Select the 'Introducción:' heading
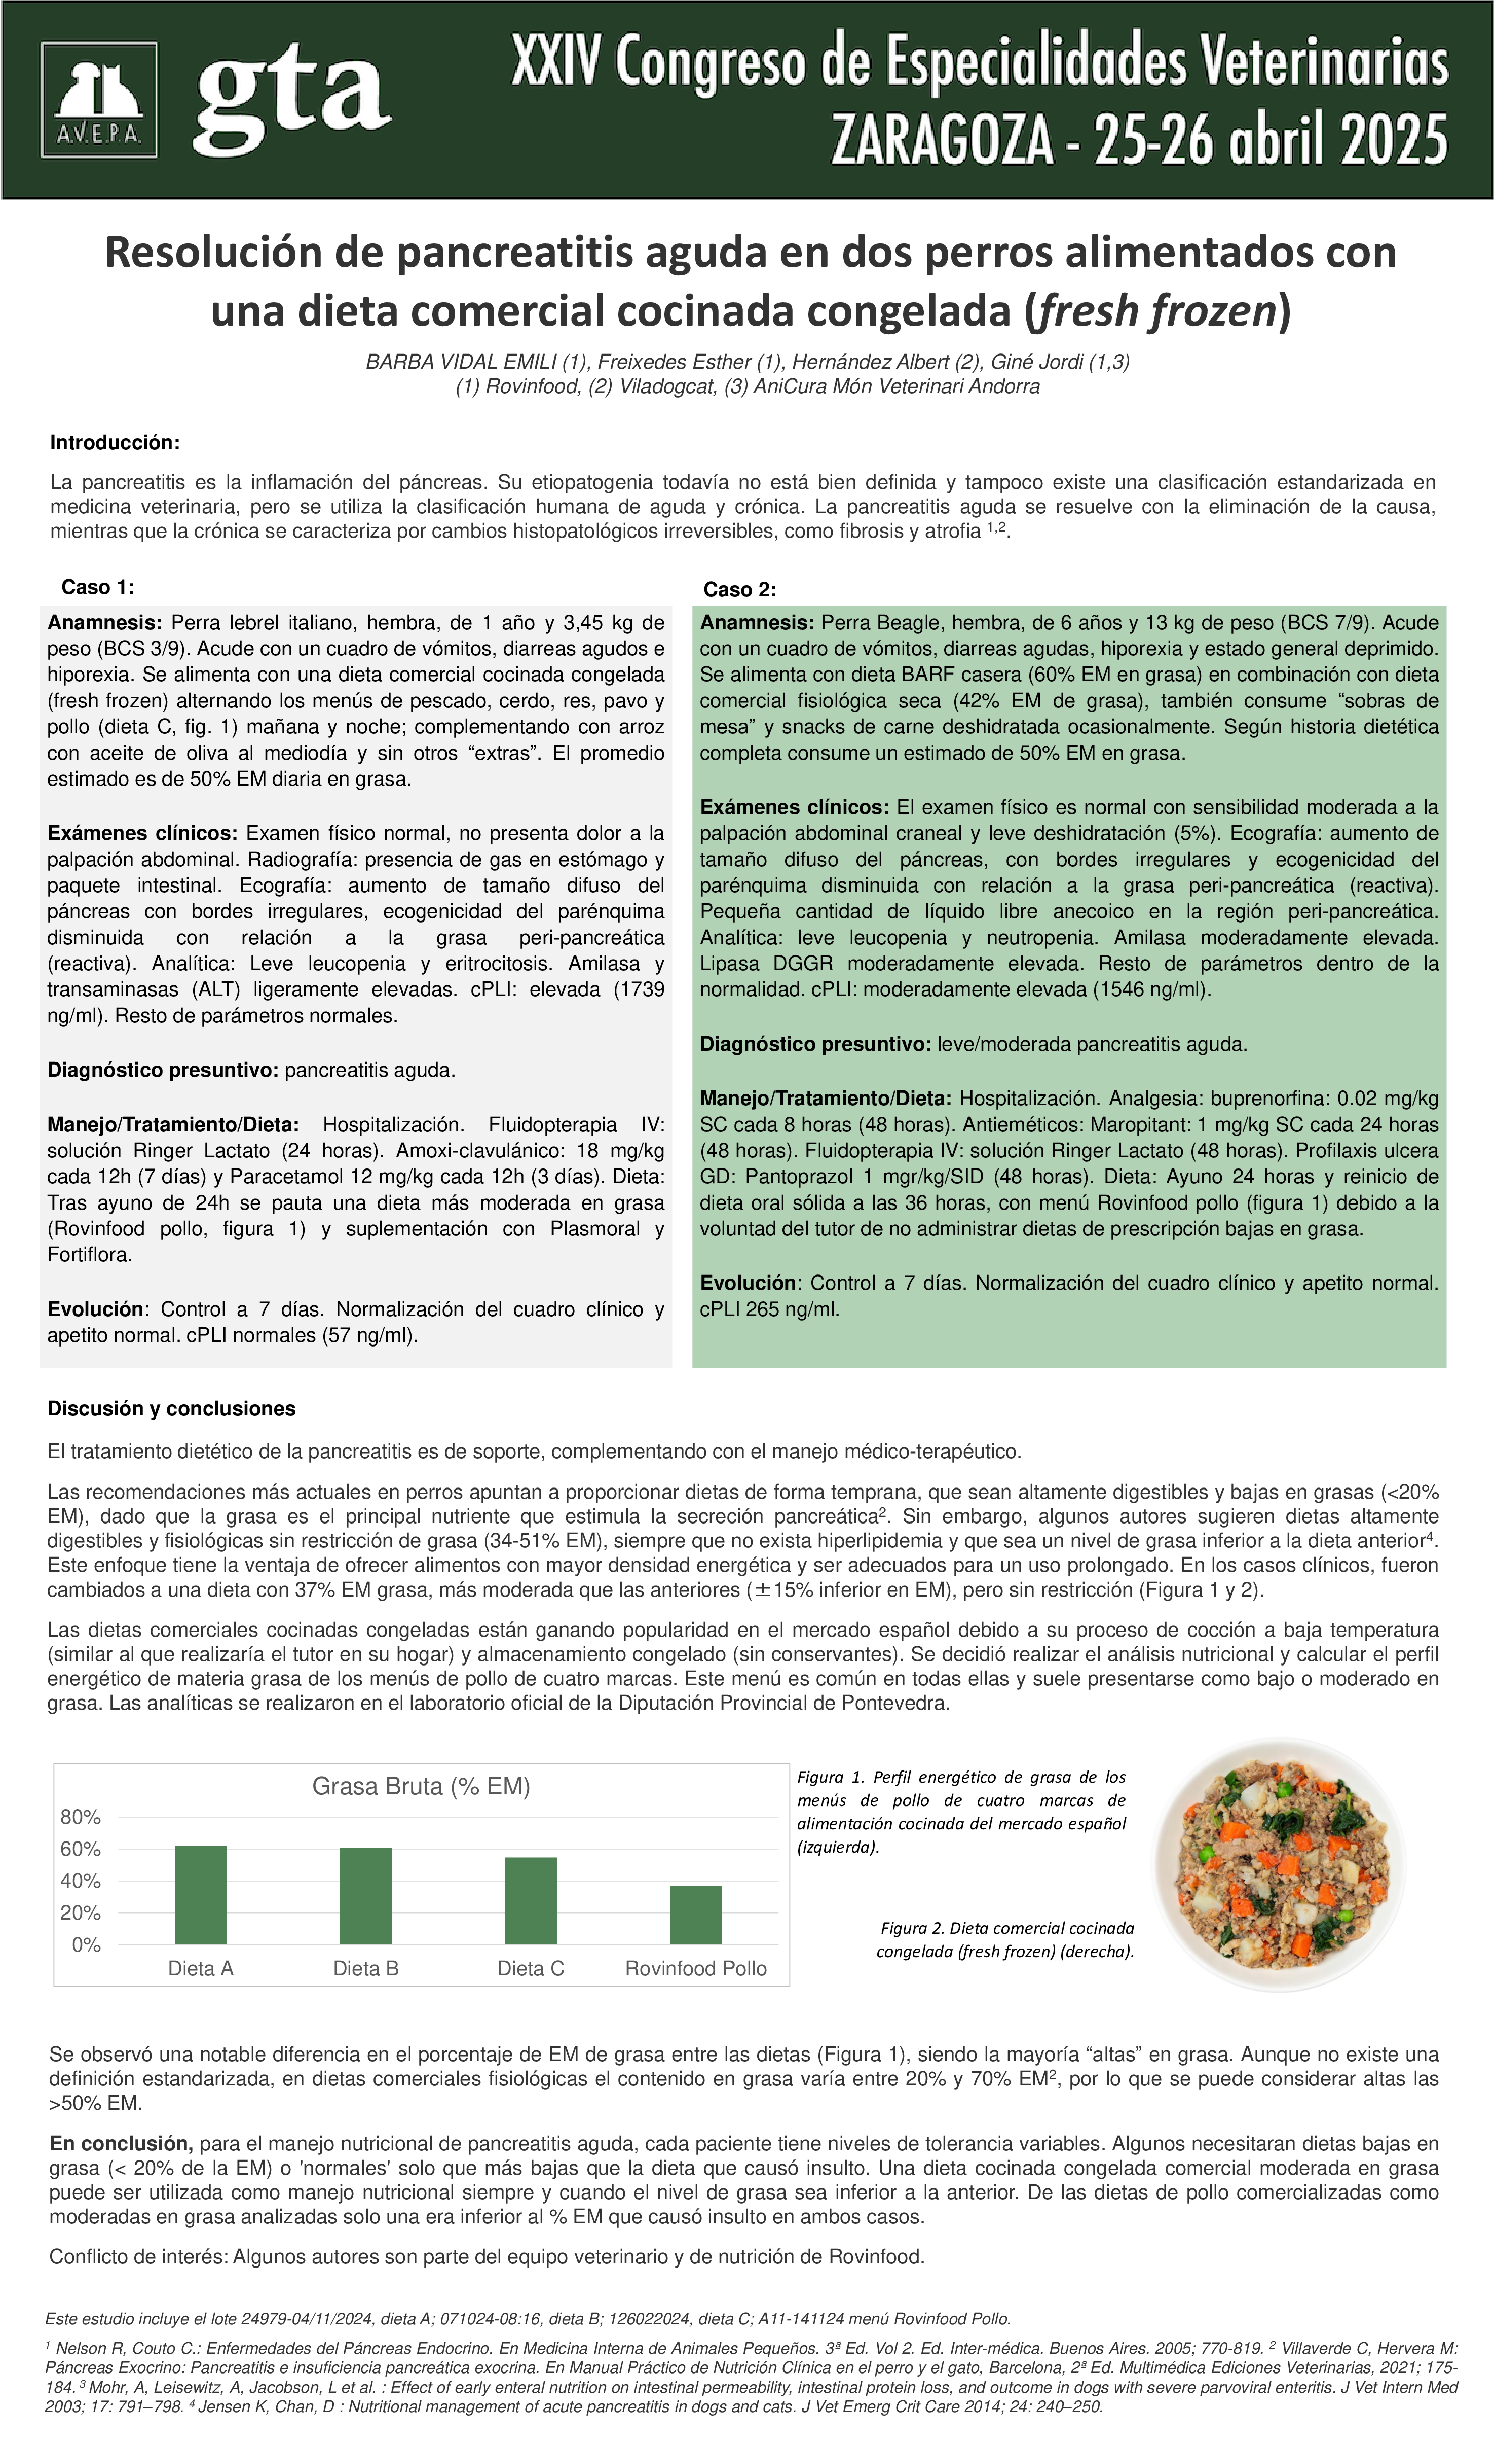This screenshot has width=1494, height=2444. click(115, 442)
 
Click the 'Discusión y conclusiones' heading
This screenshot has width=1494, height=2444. click(171, 1408)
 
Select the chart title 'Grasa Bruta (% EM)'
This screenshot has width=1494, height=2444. click(421, 1786)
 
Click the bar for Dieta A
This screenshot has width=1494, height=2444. click(200, 1895)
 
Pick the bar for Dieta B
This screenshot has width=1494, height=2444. click(366, 1896)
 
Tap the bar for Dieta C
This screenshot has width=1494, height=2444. click(531, 1901)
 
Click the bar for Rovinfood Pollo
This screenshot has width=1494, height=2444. click(696, 1916)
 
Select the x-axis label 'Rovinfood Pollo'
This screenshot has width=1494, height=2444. click(696, 1969)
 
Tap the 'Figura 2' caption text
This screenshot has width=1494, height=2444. click(1005, 1940)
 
